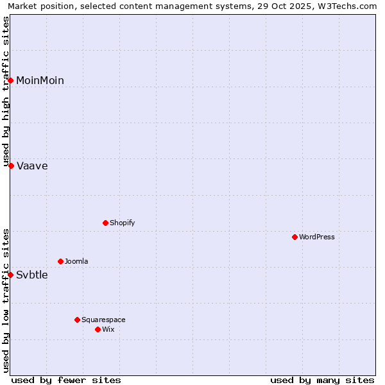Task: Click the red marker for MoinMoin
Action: click(x=11, y=80)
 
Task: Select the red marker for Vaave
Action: click(x=11, y=166)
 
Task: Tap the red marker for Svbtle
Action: click(x=11, y=275)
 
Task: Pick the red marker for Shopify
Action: click(x=106, y=223)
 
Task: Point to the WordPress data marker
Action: click(x=295, y=237)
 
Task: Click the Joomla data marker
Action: click(x=61, y=261)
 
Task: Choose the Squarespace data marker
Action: click(x=78, y=320)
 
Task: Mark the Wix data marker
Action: click(x=98, y=329)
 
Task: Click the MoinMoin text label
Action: click(x=40, y=80)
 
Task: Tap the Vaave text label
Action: click(x=32, y=166)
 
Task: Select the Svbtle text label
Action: click(x=32, y=275)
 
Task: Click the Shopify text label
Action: click(x=122, y=223)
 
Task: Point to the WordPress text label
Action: click(x=317, y=237)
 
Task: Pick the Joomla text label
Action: click(x=76, y=261)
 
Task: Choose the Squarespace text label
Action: click(x=103, y=320)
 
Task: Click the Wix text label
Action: click(x=108, y=329)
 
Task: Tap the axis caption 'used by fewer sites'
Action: click(x=66, y=380)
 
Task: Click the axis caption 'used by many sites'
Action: click(x=322, y=380)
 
